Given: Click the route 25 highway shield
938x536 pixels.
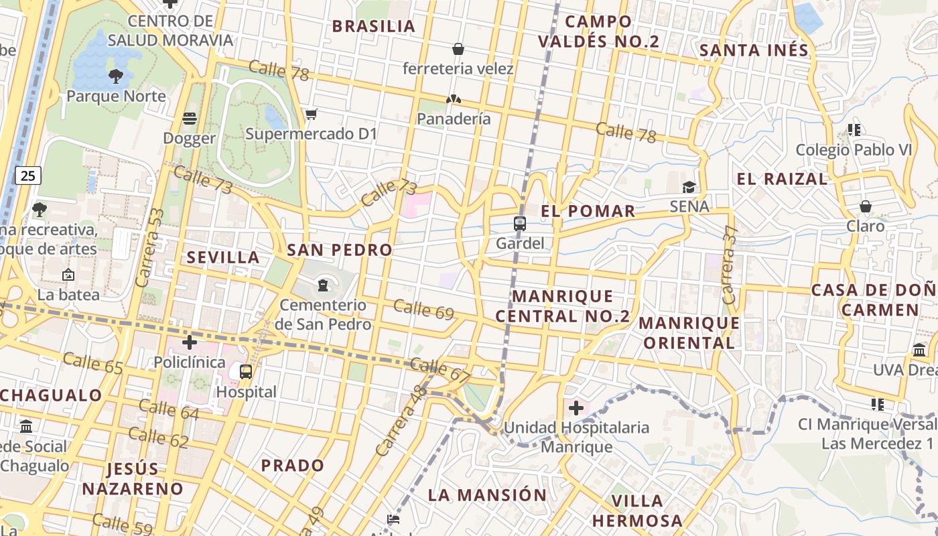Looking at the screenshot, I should (27, 176).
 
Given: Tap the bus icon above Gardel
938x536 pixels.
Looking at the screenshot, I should (520, 224).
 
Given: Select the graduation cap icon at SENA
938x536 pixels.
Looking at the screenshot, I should (689, 187).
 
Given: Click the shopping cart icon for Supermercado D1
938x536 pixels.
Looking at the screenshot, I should (311, 115).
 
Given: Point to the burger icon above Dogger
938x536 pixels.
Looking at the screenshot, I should (190, 119).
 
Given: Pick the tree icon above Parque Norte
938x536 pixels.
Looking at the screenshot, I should (116, 76).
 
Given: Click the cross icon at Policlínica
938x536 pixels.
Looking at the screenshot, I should (190, 342).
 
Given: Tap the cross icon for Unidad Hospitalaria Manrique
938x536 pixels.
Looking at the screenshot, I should (576, 407).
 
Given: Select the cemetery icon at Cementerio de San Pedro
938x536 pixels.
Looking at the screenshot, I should (324, 285).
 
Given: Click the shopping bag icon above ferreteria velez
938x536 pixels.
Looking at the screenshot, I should (458, 49).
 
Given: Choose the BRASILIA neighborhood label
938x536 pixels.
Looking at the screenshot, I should (374, 26).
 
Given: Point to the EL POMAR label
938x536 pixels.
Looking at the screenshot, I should (588, 211).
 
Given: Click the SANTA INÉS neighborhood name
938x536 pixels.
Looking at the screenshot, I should (754, 50).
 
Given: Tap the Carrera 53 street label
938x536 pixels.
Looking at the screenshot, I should (150, 248).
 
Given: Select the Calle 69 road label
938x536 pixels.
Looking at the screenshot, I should (423, 310).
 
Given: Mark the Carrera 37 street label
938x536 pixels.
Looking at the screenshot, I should (730, 264).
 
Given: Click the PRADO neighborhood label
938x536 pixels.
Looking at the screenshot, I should (293, 465).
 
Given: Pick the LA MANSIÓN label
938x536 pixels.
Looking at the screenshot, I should (487, 495).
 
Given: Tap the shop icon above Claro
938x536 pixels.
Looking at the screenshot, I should (866, 206).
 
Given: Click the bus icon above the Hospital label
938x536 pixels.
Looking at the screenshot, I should (246, 372).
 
